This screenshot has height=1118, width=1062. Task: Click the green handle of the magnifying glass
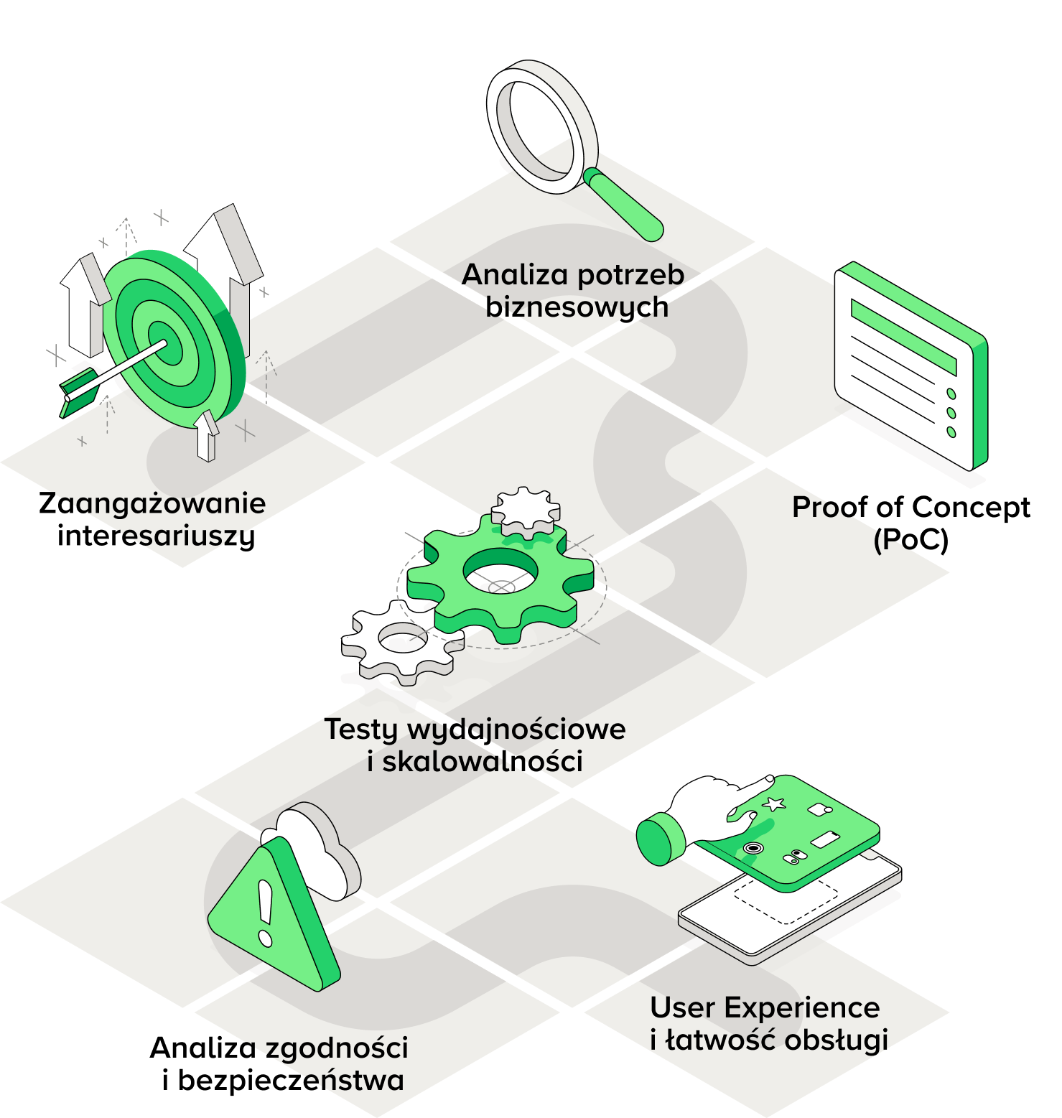(x=623, y=205)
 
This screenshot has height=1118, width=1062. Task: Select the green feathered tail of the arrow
(x=77, y=391)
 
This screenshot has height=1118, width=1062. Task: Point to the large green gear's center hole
(x=500, y=570)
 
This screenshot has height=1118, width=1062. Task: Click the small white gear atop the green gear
(x=526, y=511)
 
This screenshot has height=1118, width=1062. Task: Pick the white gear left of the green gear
(x=399, y=640)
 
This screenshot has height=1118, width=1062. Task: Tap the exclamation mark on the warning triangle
(x=265, y=913)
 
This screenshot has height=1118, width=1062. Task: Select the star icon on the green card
(x=774, y=804)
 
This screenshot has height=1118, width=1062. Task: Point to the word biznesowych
(x=577, y=307)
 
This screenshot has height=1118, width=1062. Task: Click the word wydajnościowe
(x=516, y=730)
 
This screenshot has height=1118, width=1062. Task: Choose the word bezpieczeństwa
(x=291, y=1079)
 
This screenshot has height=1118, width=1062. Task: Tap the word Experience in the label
(x=802, y=1008)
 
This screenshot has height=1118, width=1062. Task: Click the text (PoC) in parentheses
(x=910, y=539)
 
